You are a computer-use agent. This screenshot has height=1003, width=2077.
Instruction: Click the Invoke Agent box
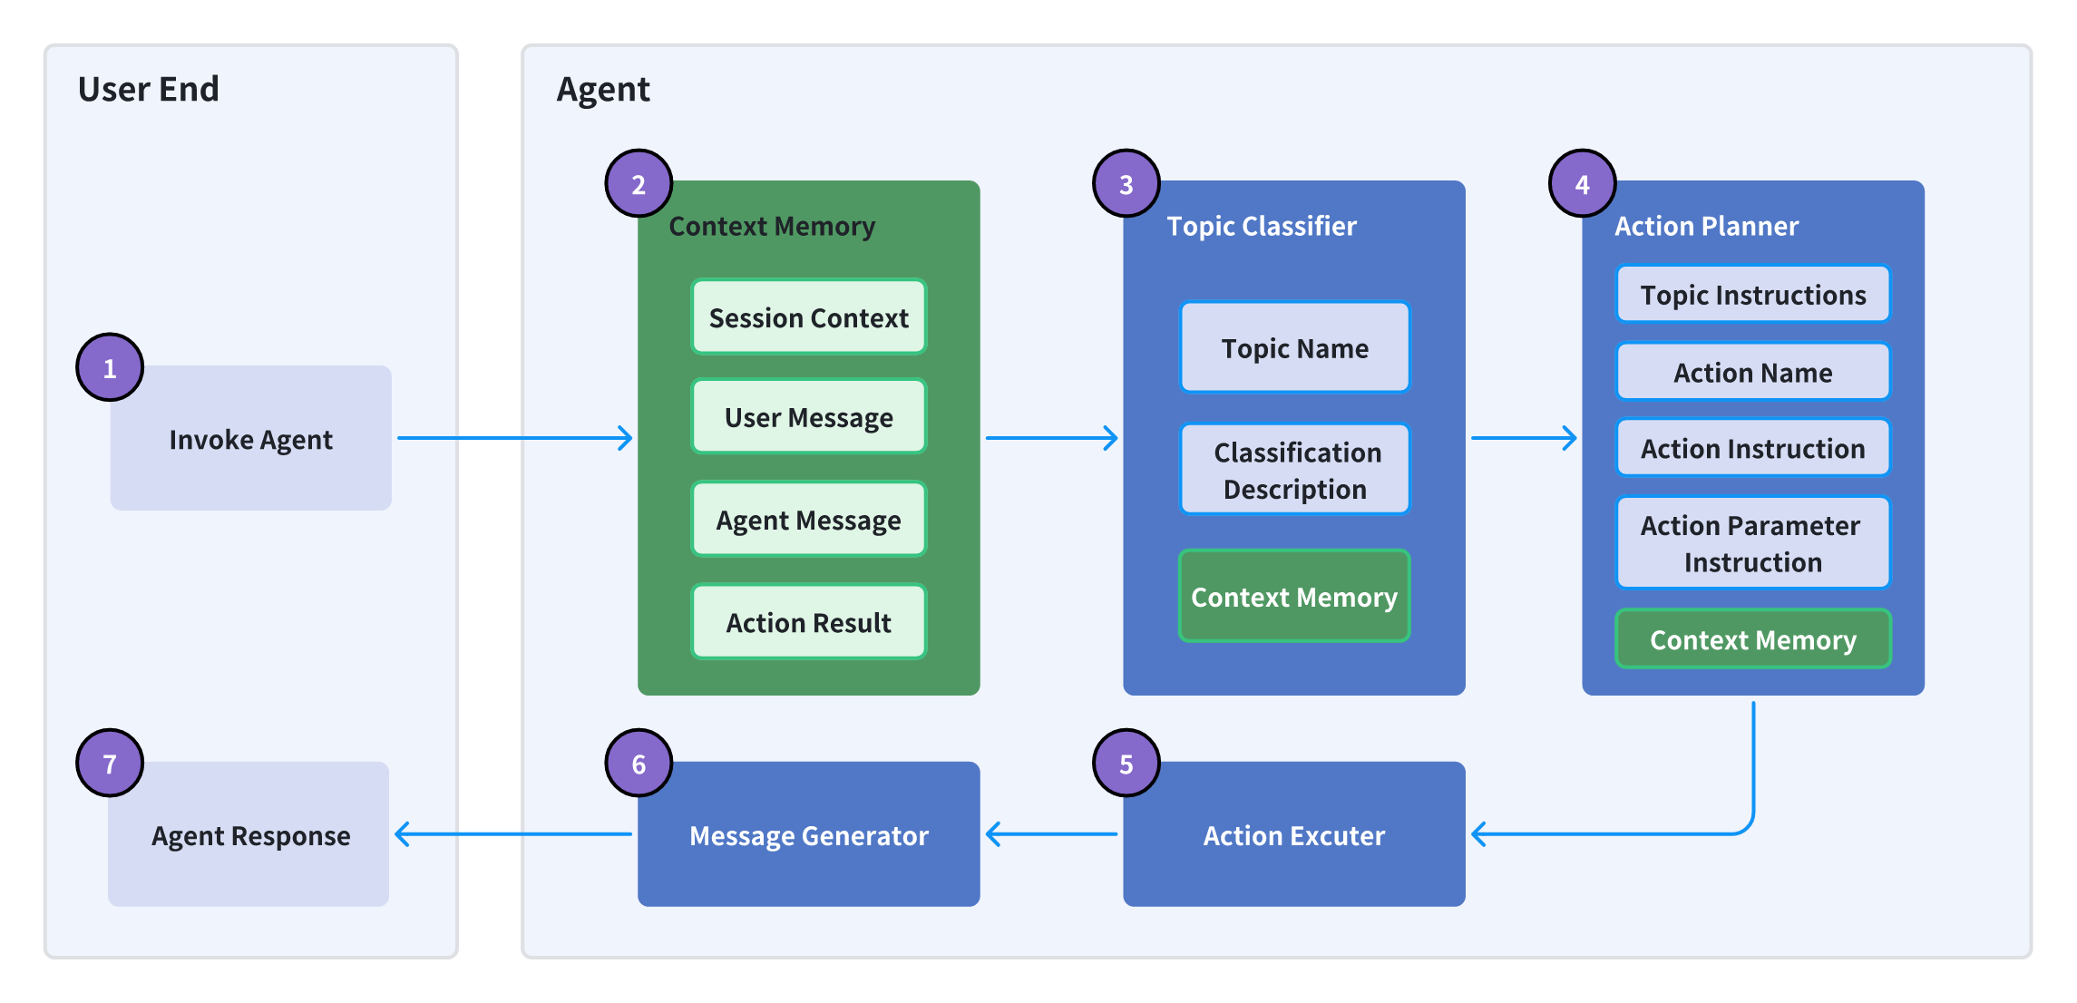(251, 438)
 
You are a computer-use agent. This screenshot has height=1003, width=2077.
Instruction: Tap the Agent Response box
(249, 834)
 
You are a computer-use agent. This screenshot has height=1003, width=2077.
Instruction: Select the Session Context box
(809, 316)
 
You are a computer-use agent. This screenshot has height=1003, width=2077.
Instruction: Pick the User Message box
(809, 416)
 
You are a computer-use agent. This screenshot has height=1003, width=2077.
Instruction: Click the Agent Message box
(809, 519)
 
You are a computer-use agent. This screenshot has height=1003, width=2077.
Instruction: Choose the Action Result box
(809, 621)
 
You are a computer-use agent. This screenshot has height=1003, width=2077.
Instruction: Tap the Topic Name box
(1295, 347)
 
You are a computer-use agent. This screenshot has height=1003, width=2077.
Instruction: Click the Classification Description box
(1295, 470)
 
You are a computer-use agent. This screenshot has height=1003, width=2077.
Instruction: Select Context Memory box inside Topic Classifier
(1294, 596)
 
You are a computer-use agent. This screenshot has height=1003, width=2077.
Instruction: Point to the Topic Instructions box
(1753, 294)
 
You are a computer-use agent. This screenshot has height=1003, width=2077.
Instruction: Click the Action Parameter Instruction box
(1753, 542)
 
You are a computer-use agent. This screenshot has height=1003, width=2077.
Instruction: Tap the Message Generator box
(809, 834)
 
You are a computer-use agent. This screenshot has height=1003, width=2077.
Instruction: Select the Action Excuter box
(1294, 834)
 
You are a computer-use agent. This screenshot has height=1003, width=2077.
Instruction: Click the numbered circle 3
(1126, 183)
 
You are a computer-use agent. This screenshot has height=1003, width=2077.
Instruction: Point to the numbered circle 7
(110, 764)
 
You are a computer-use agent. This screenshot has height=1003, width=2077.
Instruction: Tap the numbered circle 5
(1126, 764)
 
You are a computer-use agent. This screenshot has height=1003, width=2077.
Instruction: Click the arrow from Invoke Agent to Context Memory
(515, 438)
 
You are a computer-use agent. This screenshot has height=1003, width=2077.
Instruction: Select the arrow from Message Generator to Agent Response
(513, 834)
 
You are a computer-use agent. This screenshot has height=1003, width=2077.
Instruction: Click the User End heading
(149, 89)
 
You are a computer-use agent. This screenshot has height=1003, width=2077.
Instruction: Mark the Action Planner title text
(1707, 226)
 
